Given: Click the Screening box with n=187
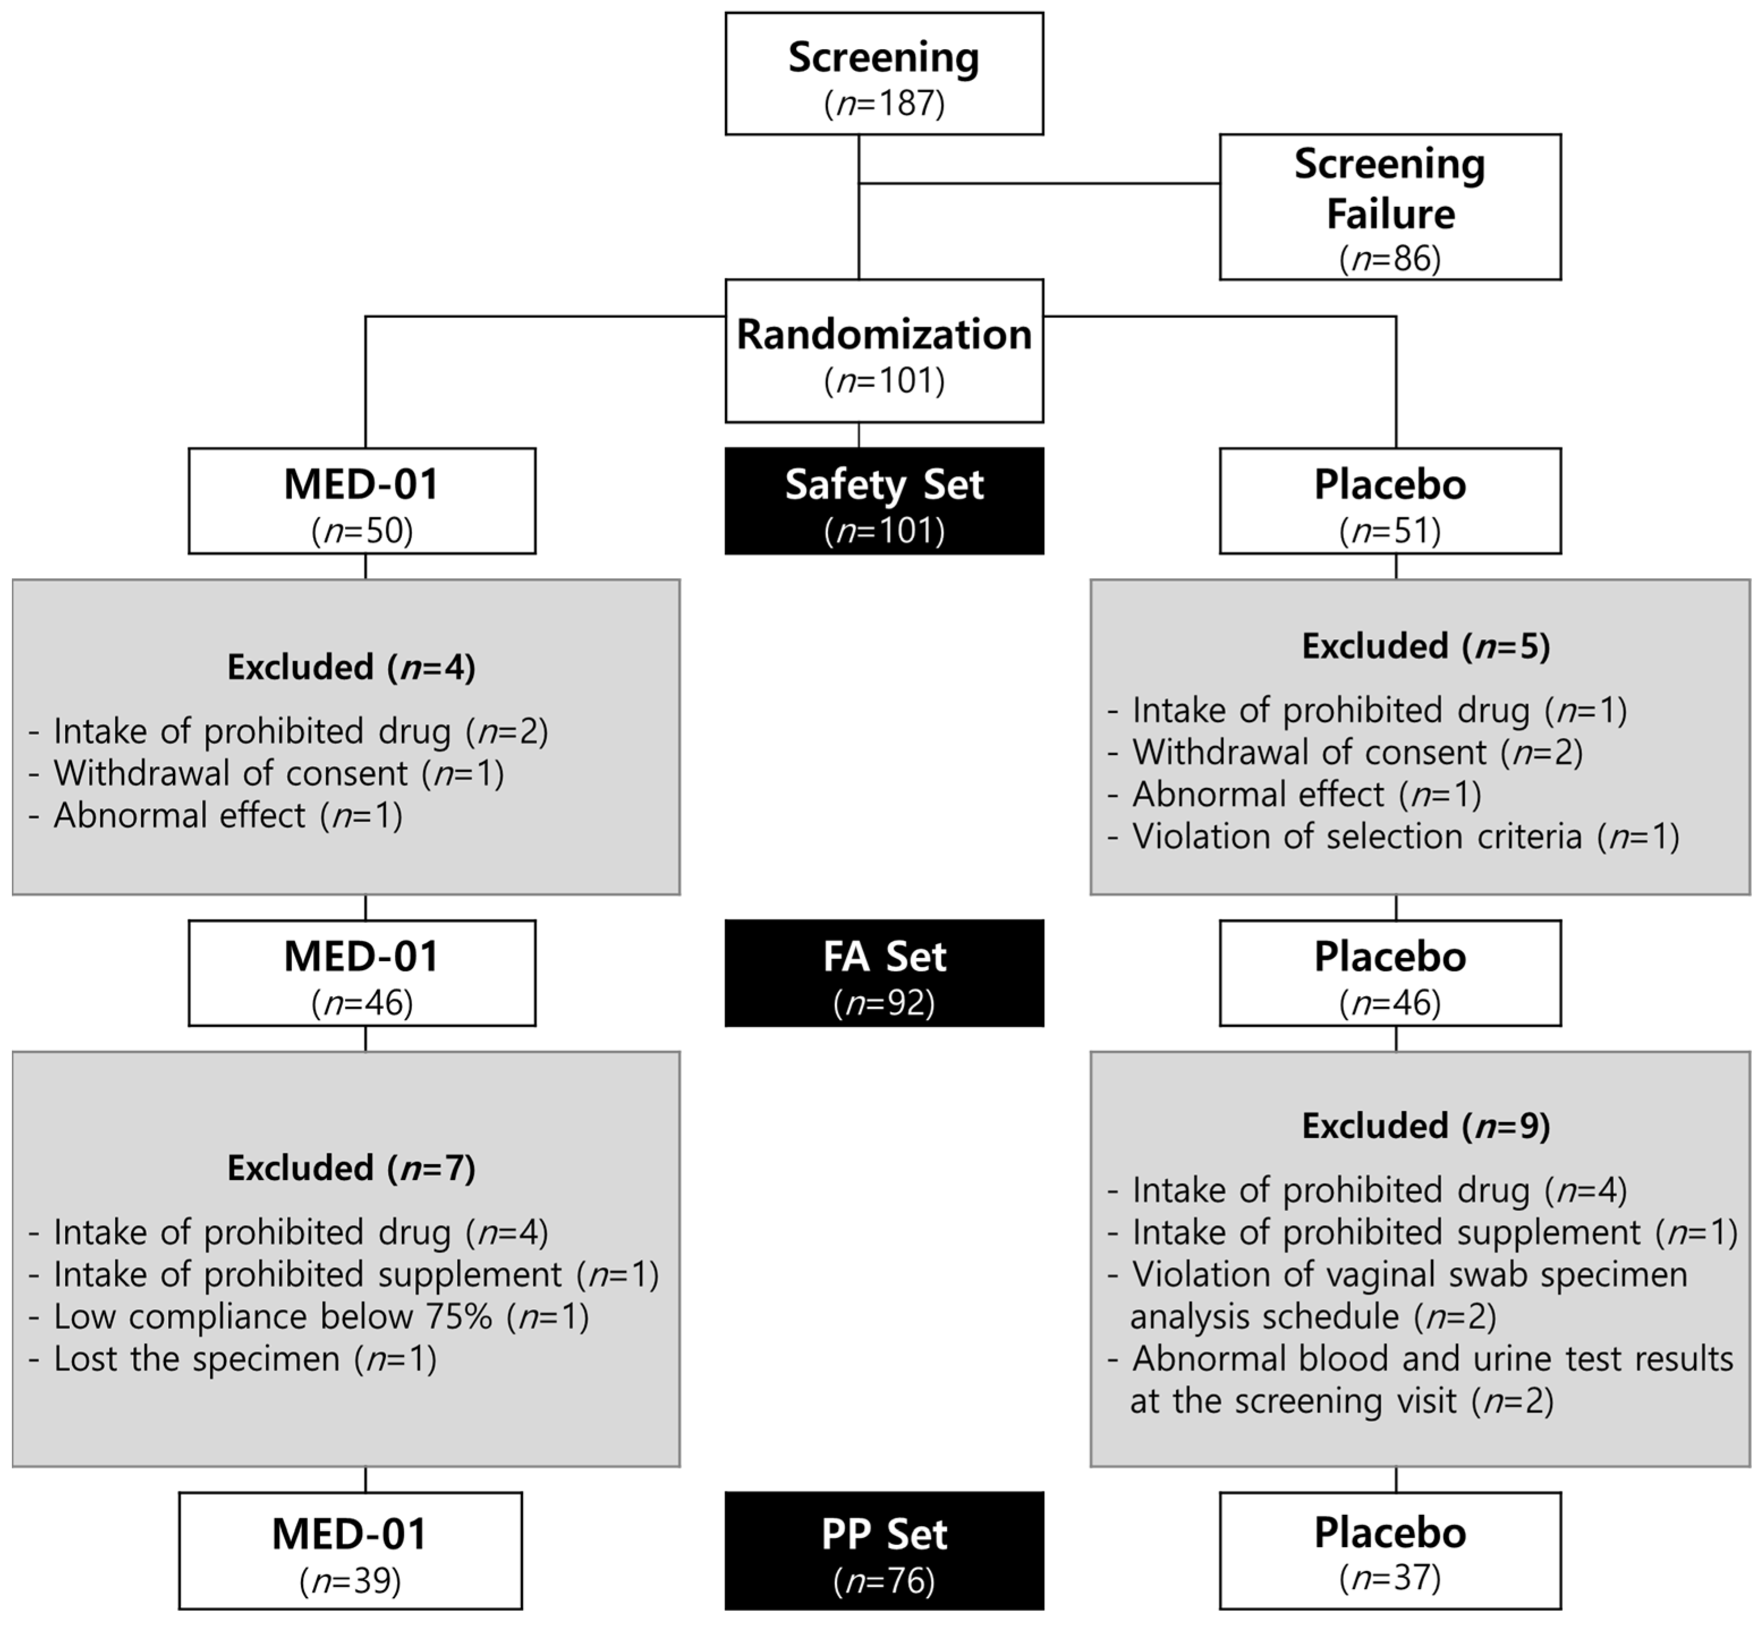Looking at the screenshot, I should pos(883,74).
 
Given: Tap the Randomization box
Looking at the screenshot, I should pos(883,351).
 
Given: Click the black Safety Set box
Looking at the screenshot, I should pos(883,502).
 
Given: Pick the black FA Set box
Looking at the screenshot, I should pos(883,973).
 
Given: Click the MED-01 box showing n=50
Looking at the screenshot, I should pos(361,502).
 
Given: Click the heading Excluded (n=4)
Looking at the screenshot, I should pos(351,668).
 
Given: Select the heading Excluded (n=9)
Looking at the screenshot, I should pos(1425,1126).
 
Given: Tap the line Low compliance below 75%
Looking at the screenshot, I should pos(308,1317).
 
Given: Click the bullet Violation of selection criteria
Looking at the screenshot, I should pos(1393,837).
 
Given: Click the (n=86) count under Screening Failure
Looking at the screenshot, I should pos(1390,258).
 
